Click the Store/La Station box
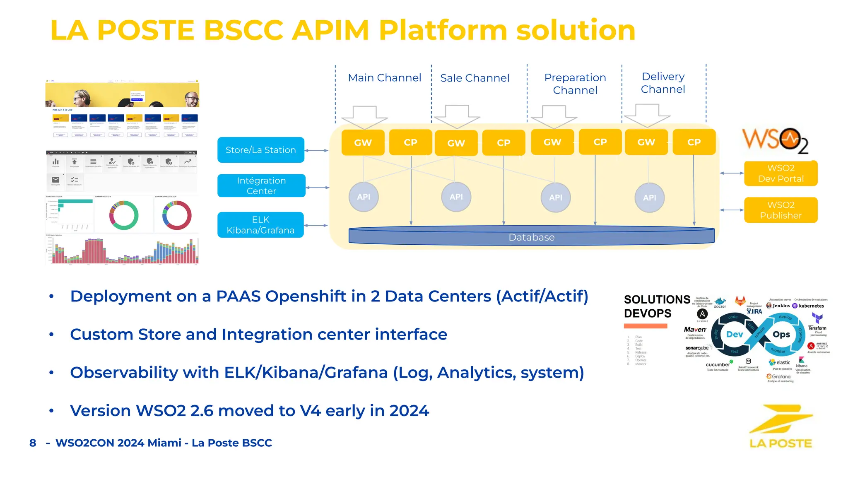pyautogui.click(x=260, y=150)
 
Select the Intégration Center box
pyautogui.click(x=261, y=185)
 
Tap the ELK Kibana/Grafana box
pyautogui.click(x=260, y=225)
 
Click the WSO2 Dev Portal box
pyautogui.click(x=781, y=173)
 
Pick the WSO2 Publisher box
pyautogui.click(x=781, y=210)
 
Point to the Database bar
pyautogui.click(x=531, y=237)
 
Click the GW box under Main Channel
pyautogui.click(x=363, y=142)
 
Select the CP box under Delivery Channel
pyautogui.click(x=694, y=142)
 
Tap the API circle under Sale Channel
pyautogui.click(x=456, y=197)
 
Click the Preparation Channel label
pyautogui.click(x=575, y=84)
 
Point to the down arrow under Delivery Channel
pyautogui.click(x=647, y=116)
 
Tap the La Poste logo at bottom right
pyautogui.click(x=781, y=426)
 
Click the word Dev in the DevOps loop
pyautogui.click(x=735, y=335)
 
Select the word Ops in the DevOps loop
pyautogui.click(x=781, y=335)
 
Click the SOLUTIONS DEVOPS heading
pyautogui.click(x=656, y=306)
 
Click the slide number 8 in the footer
pyautogui.click(x=33, y=443)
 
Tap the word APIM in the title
pyautogui.click(x=330, y=30)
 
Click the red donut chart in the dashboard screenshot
pyautogui.click(x=177, y=215)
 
